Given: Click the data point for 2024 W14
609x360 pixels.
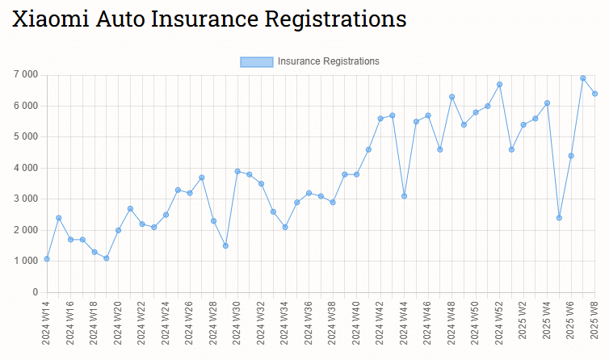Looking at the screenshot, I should click(x=47, y=258).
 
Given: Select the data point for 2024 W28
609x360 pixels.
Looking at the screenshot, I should click(x=213, y=221).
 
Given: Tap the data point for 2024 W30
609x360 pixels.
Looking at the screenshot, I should click(x=237, y=171).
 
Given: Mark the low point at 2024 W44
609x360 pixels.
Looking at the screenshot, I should click(x=404, y=196).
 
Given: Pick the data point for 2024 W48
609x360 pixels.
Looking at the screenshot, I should click(x=451, y=97).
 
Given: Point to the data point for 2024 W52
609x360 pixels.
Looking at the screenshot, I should click(x=499, y=84).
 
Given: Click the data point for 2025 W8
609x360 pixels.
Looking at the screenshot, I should click(x=594, y=94).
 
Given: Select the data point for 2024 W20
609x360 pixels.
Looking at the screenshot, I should click(x=118, y=230).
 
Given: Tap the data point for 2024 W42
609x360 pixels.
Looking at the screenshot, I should click(x=380, y=119).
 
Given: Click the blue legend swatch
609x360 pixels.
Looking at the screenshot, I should click(x=256, y=61).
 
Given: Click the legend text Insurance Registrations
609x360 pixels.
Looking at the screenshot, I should click(x=328, y=61).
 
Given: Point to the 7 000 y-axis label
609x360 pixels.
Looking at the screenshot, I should click(x=26, y=75).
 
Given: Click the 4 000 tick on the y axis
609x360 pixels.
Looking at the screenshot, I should click(x=26, y=168).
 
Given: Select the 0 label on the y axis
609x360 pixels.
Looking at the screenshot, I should click(x=35, y=292).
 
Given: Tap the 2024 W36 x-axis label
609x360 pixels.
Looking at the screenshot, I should click(x=309, y=323).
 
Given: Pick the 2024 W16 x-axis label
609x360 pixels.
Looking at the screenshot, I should click(x=71, y=323).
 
